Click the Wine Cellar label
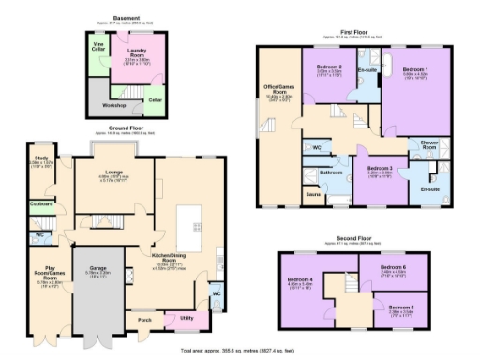click(x=97, y=46)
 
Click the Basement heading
click(x=127, y=17)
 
